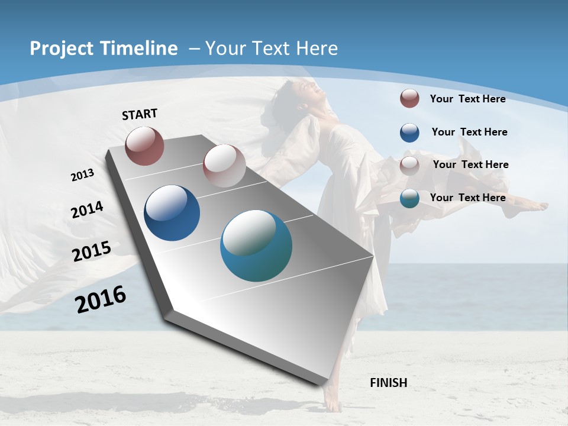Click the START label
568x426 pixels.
pyautogui.click(x=140, y=114)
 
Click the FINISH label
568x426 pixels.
pyautogui.click(x=389, y=383)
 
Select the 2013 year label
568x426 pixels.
pyautogui.click(x=83, y=175)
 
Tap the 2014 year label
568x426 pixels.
pyautogui.click(x=88, y=209)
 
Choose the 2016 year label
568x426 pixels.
pyautogui.click(x=101, y=299)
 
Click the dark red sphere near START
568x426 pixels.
pyautogui.click(x=144, y=146)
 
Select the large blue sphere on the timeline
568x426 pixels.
pyautogui.click(x=172, y=213)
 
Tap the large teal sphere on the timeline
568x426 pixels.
pyautogui.click(x=256, y=245)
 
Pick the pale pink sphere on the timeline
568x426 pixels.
pyautogui.click(x=224, y=166)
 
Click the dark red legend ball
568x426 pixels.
pyautogui.click(x=409, y=98)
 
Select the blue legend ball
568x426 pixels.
pyautogui.click(x=409, y=133)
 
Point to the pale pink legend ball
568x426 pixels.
pyautogui.click(x=409, y=165)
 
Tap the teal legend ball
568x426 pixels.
pyautogui.click(x=409, y=198)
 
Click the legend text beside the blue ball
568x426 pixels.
pyautogui.click(x=469, y=132)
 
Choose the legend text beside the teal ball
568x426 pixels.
pyautogui.click(x=467, y=198)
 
